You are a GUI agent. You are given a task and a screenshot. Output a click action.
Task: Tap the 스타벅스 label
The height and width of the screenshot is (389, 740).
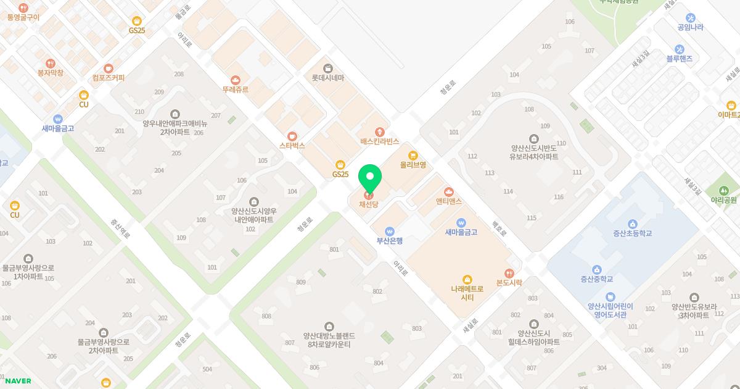pos(292,146)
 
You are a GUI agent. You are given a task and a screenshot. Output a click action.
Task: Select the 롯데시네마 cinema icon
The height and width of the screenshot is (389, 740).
pos(328,68)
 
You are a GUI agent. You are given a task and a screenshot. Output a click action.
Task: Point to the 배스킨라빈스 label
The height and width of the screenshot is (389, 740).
pos(380,141)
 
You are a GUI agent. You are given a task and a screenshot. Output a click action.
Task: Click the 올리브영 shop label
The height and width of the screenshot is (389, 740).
pos(413,165)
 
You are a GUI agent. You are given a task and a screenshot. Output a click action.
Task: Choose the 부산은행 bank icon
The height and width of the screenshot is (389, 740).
pos(390,232)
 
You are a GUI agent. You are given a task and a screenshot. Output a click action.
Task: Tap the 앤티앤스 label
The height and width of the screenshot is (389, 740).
pos(448,201)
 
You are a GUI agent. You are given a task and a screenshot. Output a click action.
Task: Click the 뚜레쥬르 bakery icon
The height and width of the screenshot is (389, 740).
pos(236,80)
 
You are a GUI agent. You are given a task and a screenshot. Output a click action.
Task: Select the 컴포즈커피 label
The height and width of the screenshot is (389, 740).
pos(109,78)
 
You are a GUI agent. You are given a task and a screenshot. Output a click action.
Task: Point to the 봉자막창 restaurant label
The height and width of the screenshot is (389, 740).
pos(51,73)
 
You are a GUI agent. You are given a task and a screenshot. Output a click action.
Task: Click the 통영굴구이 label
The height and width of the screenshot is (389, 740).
pos(23,17)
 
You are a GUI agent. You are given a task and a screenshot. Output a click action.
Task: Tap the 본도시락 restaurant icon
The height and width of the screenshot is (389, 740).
pos(509,273)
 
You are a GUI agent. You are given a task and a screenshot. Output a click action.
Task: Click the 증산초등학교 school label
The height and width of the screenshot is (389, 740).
pos(632,233)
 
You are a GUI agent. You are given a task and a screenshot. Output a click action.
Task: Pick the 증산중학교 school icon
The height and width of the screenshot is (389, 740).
pos(597,269)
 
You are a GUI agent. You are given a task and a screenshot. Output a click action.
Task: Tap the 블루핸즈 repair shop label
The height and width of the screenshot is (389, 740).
pos(679,59)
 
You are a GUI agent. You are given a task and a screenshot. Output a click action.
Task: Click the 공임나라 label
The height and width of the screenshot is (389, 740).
pos(690,27)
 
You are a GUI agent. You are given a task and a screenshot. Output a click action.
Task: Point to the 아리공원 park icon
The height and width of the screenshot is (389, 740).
pos(724,190)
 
